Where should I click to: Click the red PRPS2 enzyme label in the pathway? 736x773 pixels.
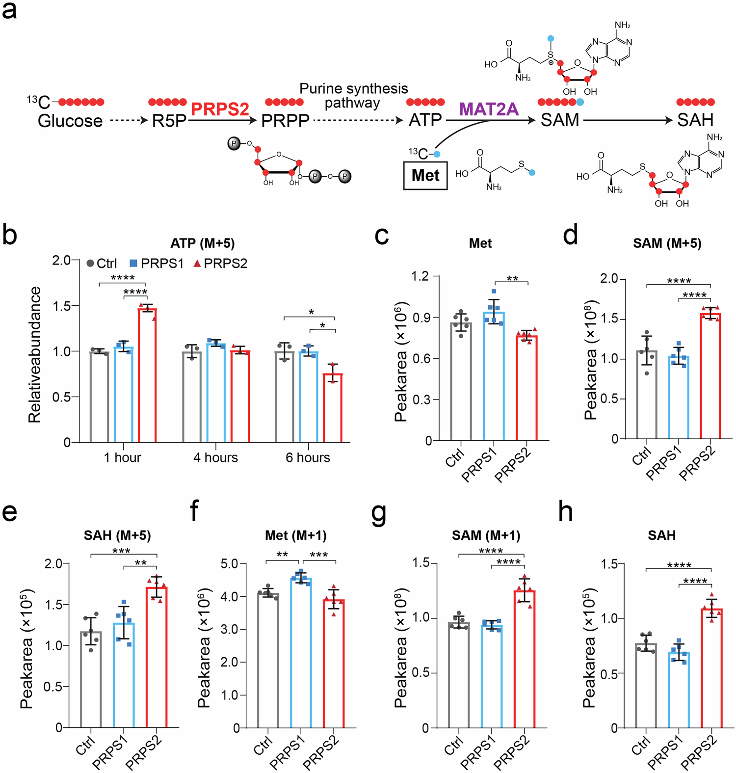point(220,109)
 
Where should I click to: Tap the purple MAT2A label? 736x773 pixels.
point(489,109)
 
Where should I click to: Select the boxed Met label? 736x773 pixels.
point(425,175)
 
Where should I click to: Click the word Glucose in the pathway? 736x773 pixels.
point(70,121)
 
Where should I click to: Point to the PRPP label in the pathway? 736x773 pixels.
point(285,121)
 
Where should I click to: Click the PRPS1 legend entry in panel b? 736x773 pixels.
point(157,264)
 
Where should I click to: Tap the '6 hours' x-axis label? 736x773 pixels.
point(308,457)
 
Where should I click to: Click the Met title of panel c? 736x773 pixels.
point(480,243)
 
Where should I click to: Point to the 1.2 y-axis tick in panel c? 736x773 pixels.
point(420,276)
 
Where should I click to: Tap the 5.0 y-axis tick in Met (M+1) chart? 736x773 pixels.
point(228,563)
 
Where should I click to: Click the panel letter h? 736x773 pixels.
point(566,512)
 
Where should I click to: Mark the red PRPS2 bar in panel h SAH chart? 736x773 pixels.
point(711,667)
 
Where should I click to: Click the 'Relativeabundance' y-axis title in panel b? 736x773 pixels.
point(34,354)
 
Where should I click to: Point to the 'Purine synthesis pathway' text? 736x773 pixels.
point(353,96)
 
